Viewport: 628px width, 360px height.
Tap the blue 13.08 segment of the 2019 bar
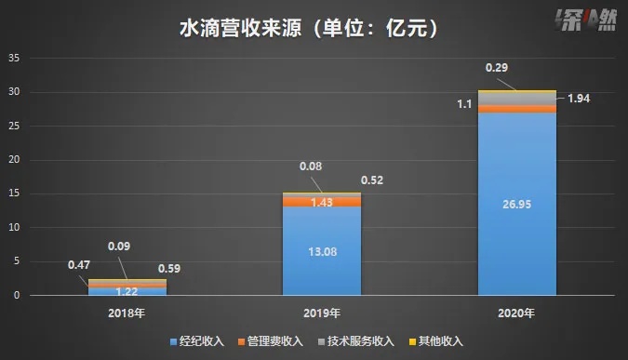pos(322,249)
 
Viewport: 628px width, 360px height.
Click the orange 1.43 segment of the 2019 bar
pos(322,202)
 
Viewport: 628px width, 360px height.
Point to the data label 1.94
pos(580,98)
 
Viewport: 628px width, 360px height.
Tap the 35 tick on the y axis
pos(14,58)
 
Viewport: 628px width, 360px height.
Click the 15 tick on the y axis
pos(14,193)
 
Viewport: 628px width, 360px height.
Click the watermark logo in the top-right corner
pos(582,20)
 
